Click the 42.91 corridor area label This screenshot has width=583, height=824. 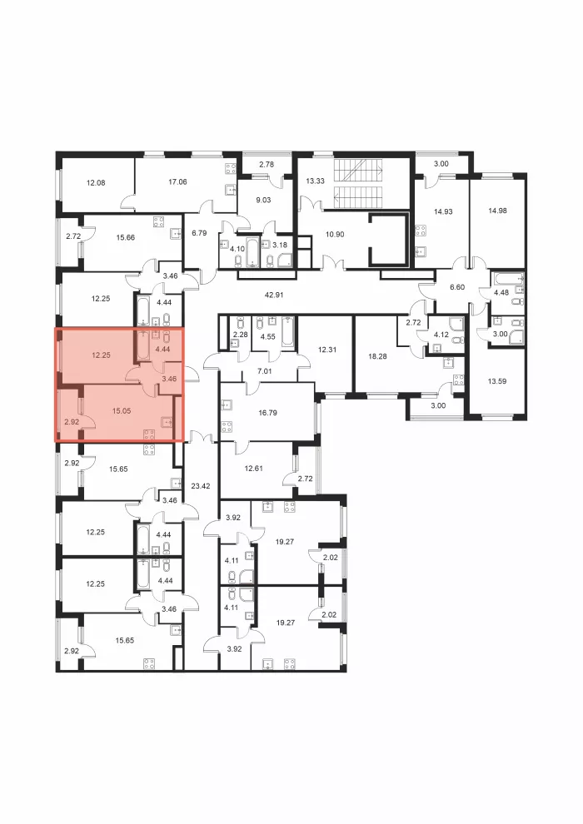click(x=274, y=295)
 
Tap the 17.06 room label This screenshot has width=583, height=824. click(x=177, y=181)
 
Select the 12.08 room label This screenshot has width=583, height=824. click(x=96, y=183)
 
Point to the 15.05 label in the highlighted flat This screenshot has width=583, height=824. click(x=122, y=411)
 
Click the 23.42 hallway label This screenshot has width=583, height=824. click(x=200, y=486)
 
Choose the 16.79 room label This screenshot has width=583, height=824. click(x=267, y=413)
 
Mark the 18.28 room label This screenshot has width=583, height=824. click(x=377, y=356)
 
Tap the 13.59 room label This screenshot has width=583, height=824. click(x=497, y=381)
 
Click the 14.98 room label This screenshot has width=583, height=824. click(x=497, y=211)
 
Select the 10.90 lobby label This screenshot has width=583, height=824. click(x=335, y=235)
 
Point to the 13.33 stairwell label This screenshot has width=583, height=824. click(x=315, y=181)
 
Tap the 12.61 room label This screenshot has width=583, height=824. click(x=254, y=469)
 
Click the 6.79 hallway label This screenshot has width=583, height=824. click(x=199, y=233)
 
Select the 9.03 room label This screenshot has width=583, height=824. click(x=263, y=200)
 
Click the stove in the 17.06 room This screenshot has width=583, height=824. click(x=230, y=169)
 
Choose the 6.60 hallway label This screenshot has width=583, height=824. click(x=457, y=287)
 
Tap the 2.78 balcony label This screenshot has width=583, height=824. click(x=267, y=165)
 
